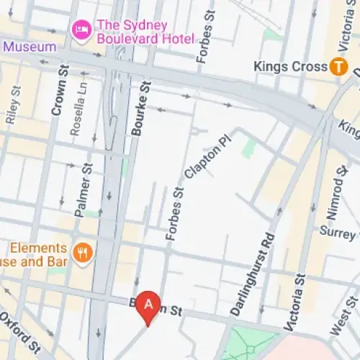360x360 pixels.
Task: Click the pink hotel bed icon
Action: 81,30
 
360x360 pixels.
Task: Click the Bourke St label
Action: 140,108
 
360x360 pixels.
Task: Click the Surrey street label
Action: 339,233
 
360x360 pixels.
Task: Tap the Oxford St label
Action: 19,333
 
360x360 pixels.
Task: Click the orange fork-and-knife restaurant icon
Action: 84,253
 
